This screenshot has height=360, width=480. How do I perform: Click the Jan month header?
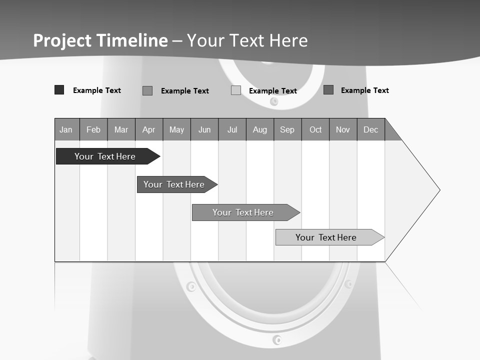pyautogui.click(x=66, y=129)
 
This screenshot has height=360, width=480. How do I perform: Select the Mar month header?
pyautogui.click(x=121, y=129)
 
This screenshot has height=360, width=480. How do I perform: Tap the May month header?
pyautogui.click(x=176, y=129)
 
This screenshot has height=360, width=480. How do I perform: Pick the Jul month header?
pyautogui.click(x=232, y=129)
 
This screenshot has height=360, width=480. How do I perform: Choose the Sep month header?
pyautogui.click(x=287, y=129)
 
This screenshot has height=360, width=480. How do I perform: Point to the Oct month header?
pyautogui.click(x=315, y=129)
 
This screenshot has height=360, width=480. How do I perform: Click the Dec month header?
pyautogui.click(x=370, y=129)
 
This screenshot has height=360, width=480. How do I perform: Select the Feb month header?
pyautogui.click(x=93, y=129)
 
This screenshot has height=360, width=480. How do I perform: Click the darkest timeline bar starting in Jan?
pyautogui.click(x=105, y=156)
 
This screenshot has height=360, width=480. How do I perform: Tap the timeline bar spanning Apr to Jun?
pyautogui.click(x=174, y=184)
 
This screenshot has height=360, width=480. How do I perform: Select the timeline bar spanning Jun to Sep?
pyautogui.click(x=243, y=212)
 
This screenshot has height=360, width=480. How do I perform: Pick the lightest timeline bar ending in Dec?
pyautogui.click(x=326, y=237)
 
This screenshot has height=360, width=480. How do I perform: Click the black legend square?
pyautogui.click(x=59, y=90)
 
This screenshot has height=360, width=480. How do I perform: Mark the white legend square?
pyautogui.click(x=236, y=90)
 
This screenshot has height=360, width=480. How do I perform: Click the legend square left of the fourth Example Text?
pyautogui.click(x=328, y=90)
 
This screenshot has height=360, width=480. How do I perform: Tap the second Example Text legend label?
pyautogui.click(x=184, y=91)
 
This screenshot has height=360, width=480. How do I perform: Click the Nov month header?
pyautogui.click(x=343, y=129)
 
